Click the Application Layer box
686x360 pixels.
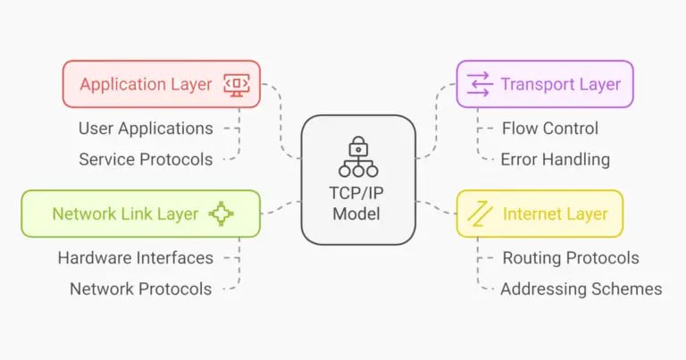click(162, 84)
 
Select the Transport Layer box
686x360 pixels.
click(545, 84)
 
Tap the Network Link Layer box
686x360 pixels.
click(141, 213)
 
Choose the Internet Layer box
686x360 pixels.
click(540, 213)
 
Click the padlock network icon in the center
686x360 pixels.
click(358, 156)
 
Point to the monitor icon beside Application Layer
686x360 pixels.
click(237, 85)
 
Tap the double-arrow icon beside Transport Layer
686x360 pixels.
click(480, 84)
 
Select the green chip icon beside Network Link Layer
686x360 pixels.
click(221, 213)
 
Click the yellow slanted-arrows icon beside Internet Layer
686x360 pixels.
click(480, 213)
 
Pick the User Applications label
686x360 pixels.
click(146, 129)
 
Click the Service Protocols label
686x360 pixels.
click(146, 159)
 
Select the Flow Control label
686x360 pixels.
click(550, 129)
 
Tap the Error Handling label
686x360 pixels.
click(556, 159)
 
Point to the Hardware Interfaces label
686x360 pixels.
click(136, 257)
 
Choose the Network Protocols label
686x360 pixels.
click(141, 289)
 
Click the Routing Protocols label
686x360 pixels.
click(571, 258)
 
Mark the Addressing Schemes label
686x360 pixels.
click(581, 289)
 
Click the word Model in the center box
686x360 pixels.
click(356, 213)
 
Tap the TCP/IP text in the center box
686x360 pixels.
click(356, 193)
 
